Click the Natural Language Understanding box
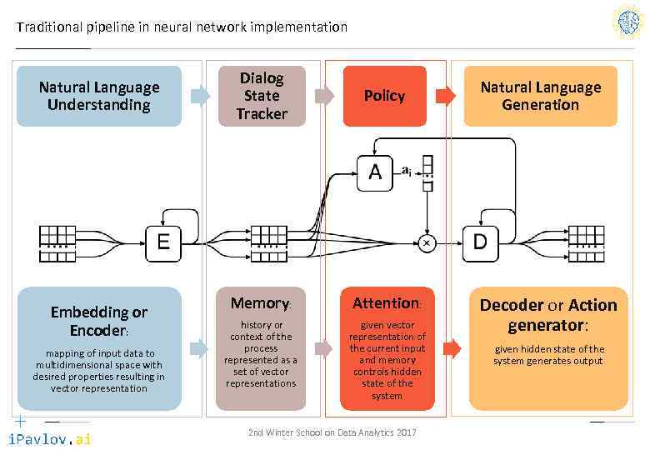tap(99, 96)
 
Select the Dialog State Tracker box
tap(261, 96)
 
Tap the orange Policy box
tap(384, 96)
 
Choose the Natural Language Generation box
tap(540, 96)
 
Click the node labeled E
tap(163, 242)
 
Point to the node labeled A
tap(375, 172)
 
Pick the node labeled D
tap(480, 242)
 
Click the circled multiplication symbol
tap(427, 242)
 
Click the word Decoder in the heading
tap(514, 305)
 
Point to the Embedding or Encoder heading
tap(98, 321)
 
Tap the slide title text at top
tap(182, 27)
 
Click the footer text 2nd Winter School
tap(332, 432)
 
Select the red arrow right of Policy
tap(447, 96)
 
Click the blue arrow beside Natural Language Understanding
tap(200, 96)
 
